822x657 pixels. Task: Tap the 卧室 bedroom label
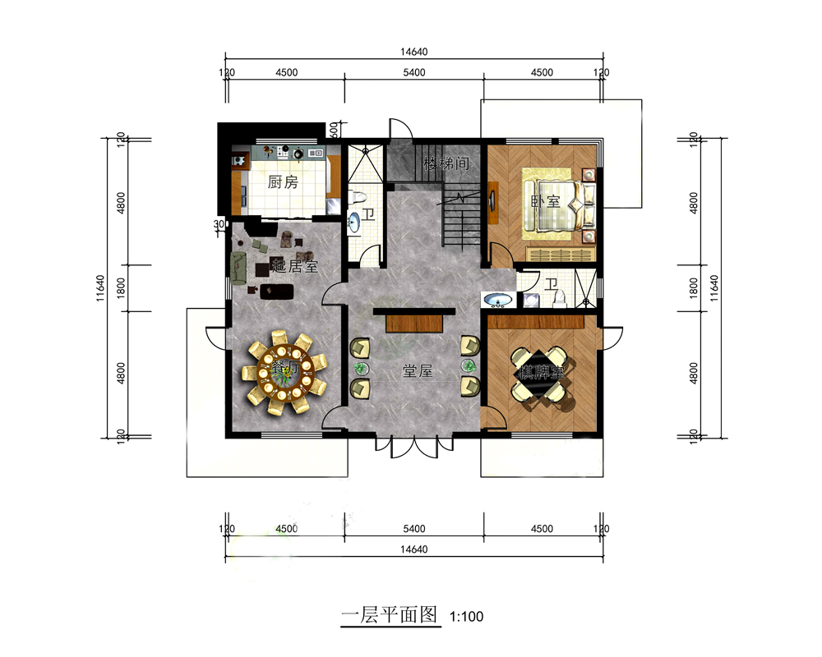pyautogui.click(x=545, y=200)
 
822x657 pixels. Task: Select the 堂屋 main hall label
pyautogui.click(x=417, y=371)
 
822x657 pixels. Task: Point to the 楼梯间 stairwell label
pyautogui.click(x=446, y=163)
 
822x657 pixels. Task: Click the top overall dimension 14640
pyautogui.click(x=413, y=52)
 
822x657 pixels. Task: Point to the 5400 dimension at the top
pyautogui.click(x=413, y=72)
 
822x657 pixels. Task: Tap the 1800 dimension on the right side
pyautogui.click(x=695, y=287)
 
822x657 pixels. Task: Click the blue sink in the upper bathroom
pyautogui.click(x=354, y=222)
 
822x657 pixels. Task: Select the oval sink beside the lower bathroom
pyautogui.click(x=496, y=301)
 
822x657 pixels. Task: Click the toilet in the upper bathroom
pyautogui.click(x=358, y=196)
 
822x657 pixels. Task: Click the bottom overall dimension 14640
pyautogui.click(x=413, y=549)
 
